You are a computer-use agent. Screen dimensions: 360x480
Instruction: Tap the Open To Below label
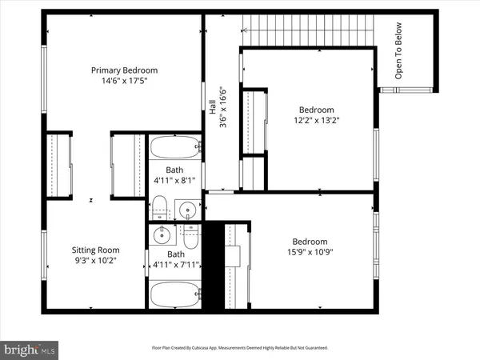pyautogui.click(x=398, y=59)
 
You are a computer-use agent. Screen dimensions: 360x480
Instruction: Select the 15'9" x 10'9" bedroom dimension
pyautogui.click(x=309, y=253)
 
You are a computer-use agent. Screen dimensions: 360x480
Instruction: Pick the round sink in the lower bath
pyautogui.click(x=161, y=234)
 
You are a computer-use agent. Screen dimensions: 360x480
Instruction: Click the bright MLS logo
pyautogui.click(x=30, y=349)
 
